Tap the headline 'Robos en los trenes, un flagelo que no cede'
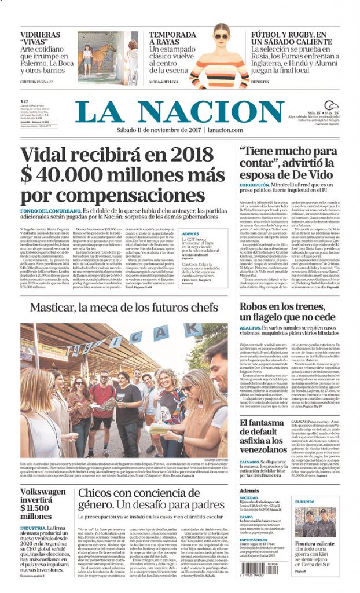[x=287, y=310]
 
